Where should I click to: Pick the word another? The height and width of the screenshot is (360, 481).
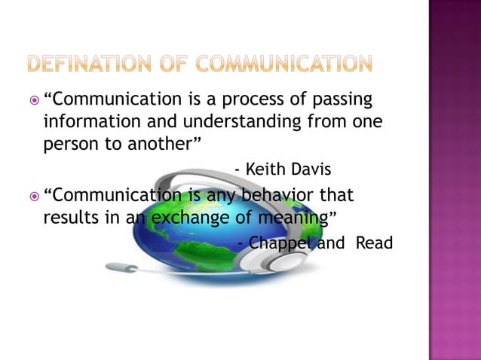click(x=159, y=144)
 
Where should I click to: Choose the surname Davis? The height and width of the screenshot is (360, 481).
click(x=312, y=170)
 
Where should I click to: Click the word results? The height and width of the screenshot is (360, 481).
click(x=70, y=218)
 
